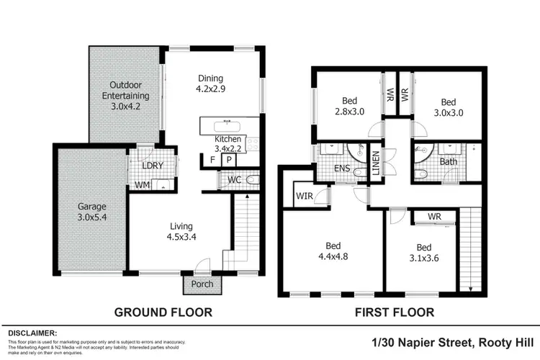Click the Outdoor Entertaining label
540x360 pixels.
click(125, 95)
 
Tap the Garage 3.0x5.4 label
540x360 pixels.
click(93, 211)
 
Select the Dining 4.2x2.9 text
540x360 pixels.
click(211, 84)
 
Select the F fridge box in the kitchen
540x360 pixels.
click(213, 160)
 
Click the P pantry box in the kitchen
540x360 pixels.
click(228, 160)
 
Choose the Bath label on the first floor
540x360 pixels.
click(448, 162)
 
